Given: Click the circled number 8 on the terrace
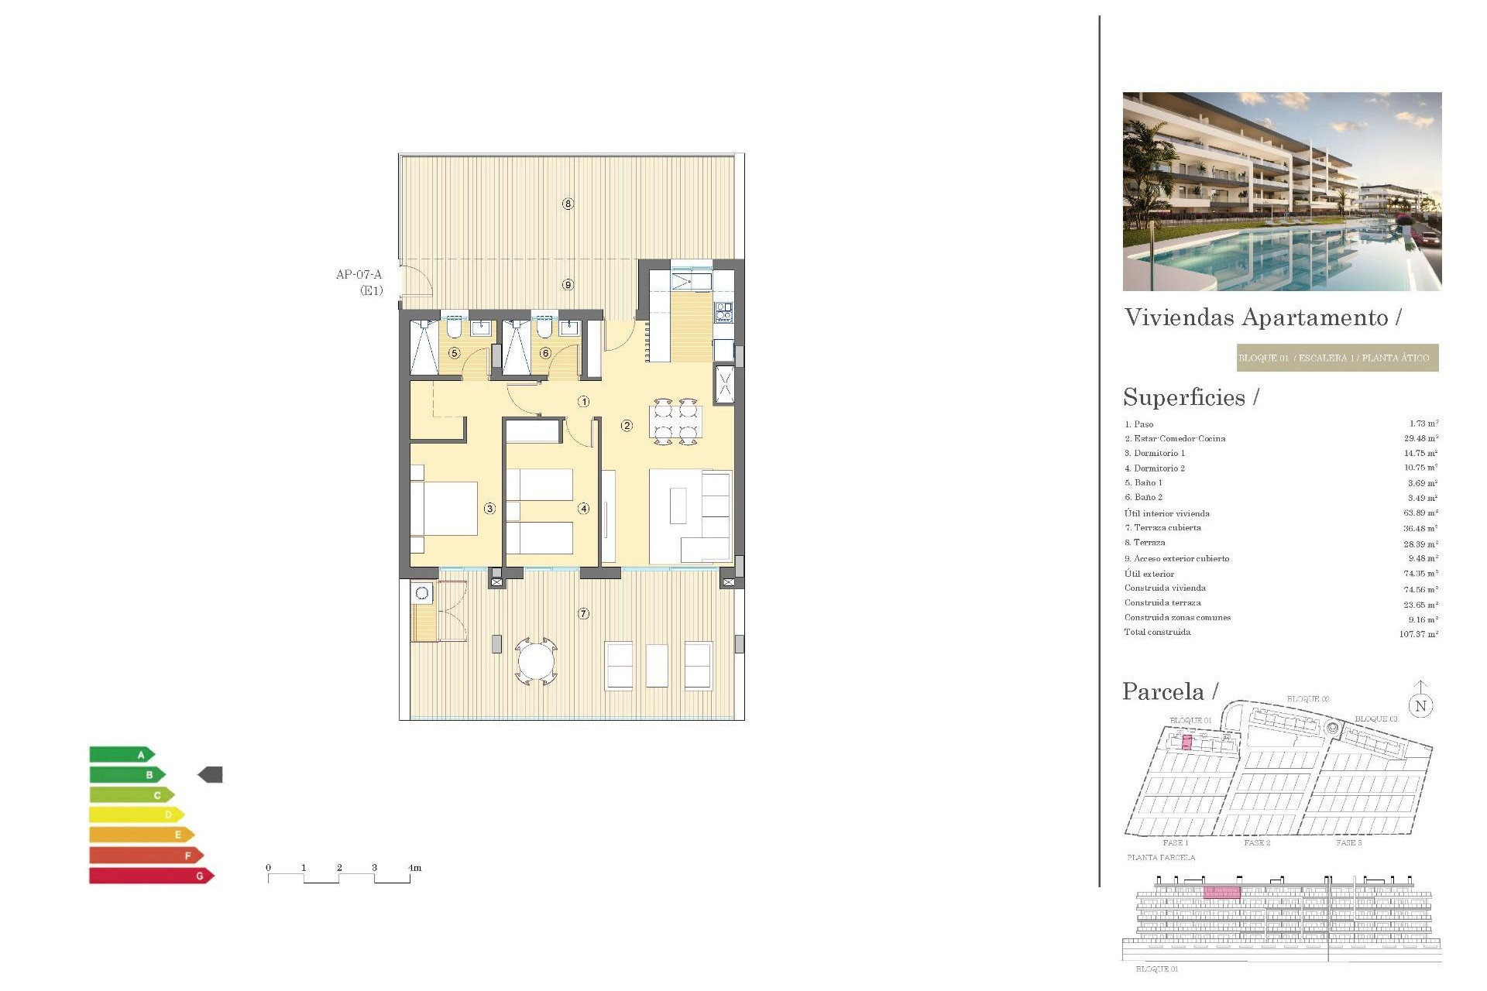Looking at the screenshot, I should pos(568,204).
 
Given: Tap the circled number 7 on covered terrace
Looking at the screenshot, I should pos(584,614).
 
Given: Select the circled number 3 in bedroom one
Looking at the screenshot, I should pos(489,509).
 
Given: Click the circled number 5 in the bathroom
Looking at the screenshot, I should pos(455,353).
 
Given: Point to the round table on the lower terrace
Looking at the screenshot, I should pos(536,662).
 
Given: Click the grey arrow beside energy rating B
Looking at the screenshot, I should pos(211,774).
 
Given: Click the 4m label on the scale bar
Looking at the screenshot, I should pos(415,868).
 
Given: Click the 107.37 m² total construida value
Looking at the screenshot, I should pos(1418,634).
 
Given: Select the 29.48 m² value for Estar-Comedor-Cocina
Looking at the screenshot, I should pos(1420,438).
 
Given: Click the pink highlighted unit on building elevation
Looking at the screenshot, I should pos(1221,893).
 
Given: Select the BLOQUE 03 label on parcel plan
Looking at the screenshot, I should pos(1375,719).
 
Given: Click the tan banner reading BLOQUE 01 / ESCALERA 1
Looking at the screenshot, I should pos(1337,358).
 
